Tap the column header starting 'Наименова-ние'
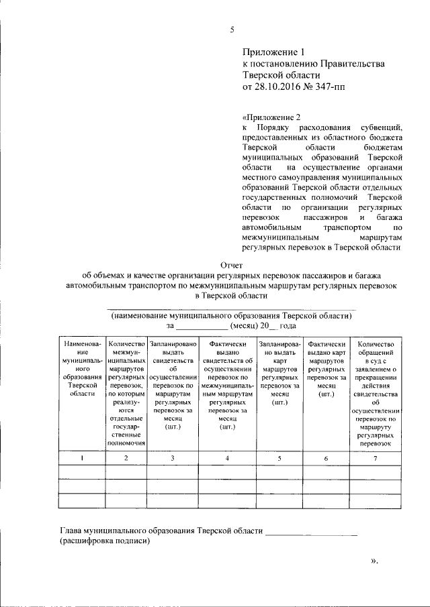point(82,368)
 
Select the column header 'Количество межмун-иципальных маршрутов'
point(126,392)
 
